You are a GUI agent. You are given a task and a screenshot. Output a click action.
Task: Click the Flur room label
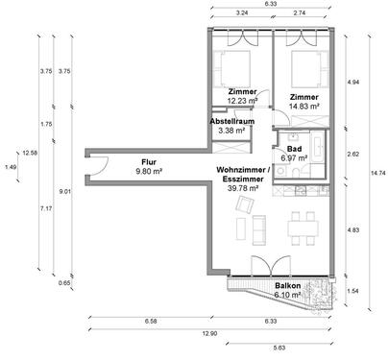(149, 162)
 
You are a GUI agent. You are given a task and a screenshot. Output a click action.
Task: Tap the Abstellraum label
(232, 122)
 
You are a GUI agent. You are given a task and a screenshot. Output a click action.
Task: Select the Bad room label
(294, 149)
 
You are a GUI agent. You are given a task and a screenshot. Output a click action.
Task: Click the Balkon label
(288, 286)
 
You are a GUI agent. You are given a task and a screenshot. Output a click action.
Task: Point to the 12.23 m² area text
(243, 101)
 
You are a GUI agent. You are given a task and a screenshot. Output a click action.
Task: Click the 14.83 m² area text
(304, 107)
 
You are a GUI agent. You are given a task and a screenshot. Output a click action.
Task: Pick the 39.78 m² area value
(243, 188)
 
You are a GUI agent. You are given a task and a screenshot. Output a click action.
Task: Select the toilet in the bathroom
(297, 171)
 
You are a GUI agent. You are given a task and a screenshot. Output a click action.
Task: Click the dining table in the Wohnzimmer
(303, 228)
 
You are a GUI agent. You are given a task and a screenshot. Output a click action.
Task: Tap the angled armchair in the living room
(245, 204)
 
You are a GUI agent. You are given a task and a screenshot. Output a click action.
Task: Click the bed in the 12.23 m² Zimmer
(231, 69)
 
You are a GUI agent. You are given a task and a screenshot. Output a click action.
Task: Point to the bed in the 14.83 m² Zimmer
(310, 69)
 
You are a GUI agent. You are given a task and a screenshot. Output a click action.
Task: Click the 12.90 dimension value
(209, 333)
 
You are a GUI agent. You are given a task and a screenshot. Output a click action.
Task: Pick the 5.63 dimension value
(279, 348)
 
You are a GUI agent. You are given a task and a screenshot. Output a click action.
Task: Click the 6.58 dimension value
(151, 322)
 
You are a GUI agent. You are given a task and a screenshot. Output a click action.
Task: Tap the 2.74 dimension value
(300, 13)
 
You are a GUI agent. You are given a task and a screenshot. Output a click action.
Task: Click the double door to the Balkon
(271, 266)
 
